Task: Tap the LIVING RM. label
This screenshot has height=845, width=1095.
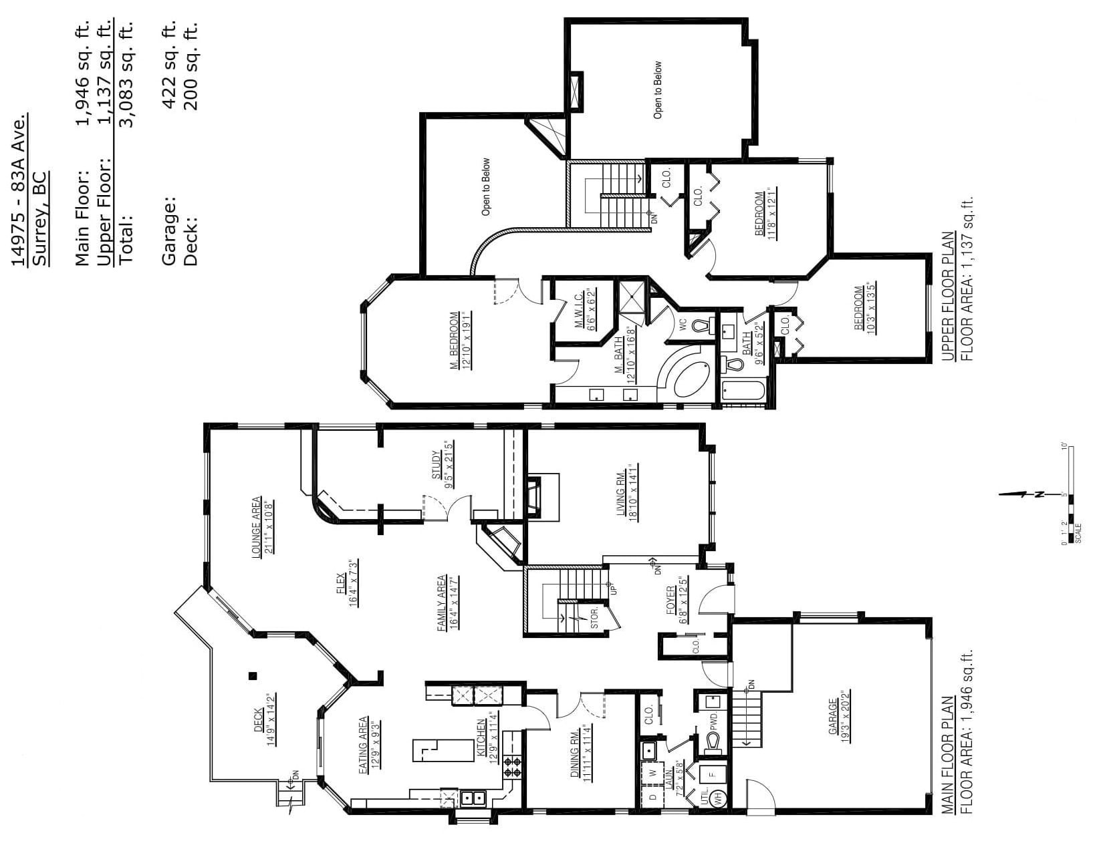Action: (621, 491)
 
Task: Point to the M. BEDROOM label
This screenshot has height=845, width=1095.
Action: (455, 341)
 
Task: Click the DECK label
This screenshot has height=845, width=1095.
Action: (259, 720)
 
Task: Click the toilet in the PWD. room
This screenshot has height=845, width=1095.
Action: (713, 742)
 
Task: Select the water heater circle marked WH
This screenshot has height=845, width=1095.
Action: (719, 797)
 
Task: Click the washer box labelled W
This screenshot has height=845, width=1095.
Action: (652, 773)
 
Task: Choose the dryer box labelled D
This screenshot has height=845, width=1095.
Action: (652, 797)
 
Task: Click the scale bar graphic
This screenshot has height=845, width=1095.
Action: (1071, 494)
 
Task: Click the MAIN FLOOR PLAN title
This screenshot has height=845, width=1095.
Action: (947, 755)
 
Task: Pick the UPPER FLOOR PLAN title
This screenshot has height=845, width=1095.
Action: (947, 297)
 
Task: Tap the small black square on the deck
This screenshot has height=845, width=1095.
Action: (253, 676)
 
